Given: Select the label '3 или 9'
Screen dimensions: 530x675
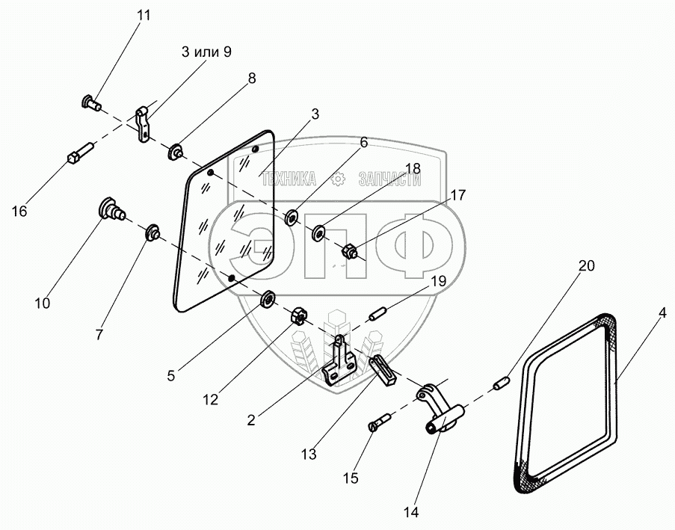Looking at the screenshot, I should pos(206,52).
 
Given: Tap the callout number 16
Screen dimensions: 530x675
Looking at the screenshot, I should pos(19,212).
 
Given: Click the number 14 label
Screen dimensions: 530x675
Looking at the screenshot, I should pos(410,513).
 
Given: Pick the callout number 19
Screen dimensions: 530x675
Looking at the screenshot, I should pos(439,282).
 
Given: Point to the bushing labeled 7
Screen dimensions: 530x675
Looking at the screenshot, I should pos(152,233).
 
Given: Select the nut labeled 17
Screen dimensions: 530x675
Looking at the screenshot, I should pos(348,253).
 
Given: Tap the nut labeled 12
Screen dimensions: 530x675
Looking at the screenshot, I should pos(297,316).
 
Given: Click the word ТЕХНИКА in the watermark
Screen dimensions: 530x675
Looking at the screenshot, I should pos(288,179).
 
